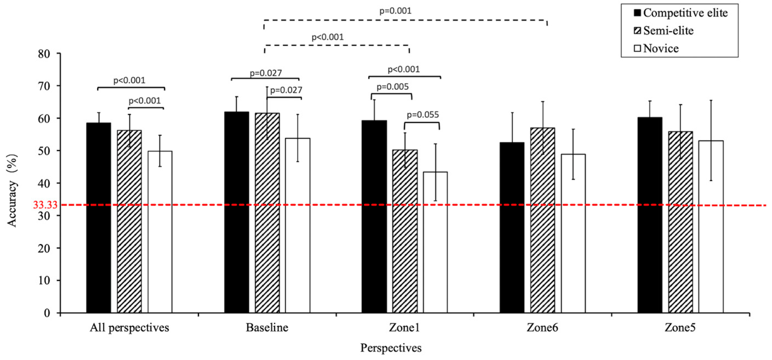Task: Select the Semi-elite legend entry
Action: pyautogui.click(x=664, y=31)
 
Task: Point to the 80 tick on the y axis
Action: pyautogui.click(x=44, y=54)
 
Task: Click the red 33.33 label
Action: pyautogui.click(x=45, y=205)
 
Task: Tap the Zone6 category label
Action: pyautogui.click(x=542, y=328)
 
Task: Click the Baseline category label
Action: pyautogui.click(x=267, y=328)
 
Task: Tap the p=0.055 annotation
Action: pyautogui.click(x=423, y=115)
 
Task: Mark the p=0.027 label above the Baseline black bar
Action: pyautogui.click(x=266, y=73)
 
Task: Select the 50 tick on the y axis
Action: pyautogui.click(x=44, y=151)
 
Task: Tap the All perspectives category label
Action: pyautogui.click(x=129, y=328)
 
